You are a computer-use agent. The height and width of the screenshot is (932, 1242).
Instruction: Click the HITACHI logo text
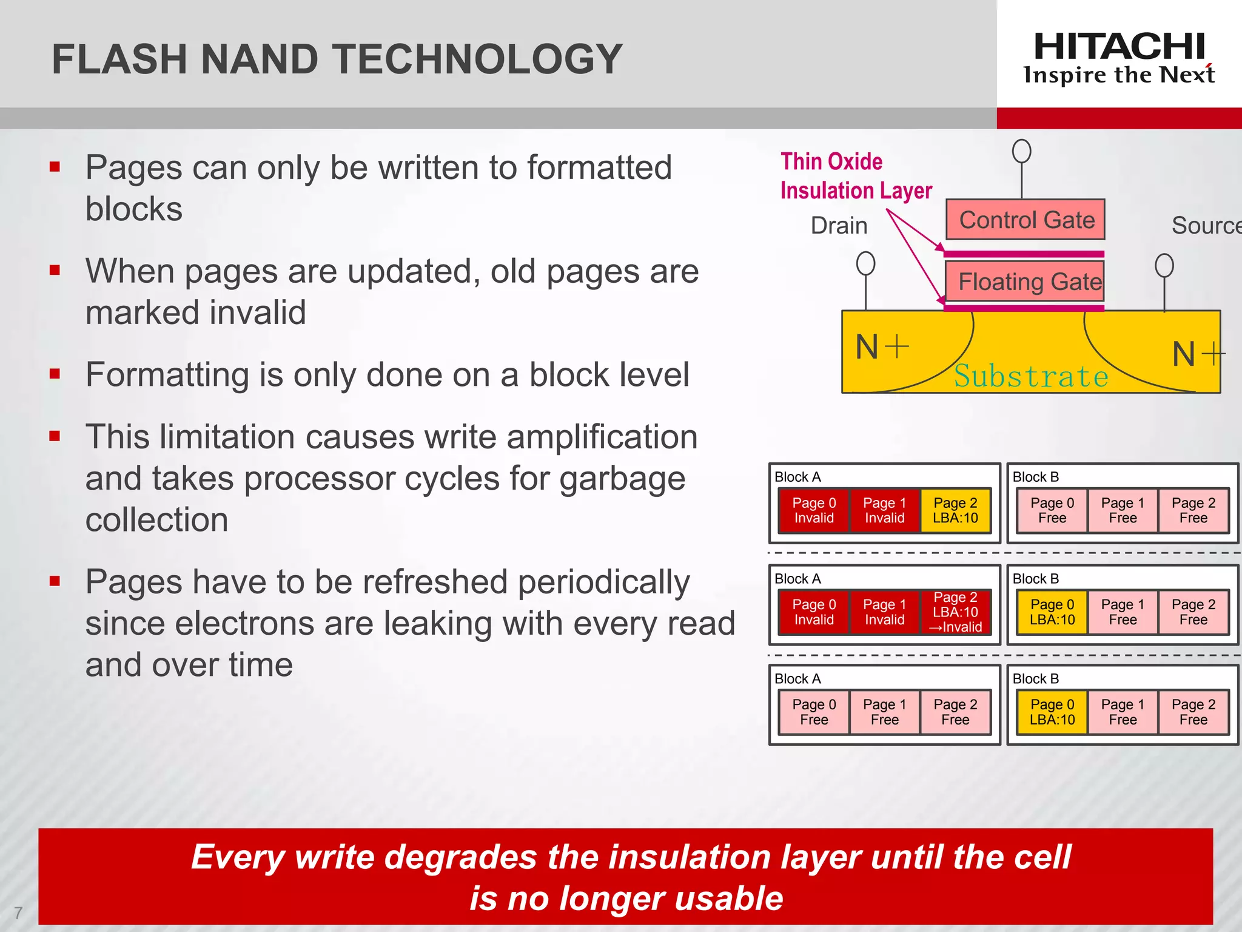coord(1119,46)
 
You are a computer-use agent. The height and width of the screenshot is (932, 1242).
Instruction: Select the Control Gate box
coord(1025,220)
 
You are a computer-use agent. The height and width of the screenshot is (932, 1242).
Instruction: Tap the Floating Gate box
coord(1025,282)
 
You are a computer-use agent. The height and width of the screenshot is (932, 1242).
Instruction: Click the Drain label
coord(839,226)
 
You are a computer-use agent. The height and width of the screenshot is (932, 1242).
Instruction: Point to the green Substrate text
coord(1031,376)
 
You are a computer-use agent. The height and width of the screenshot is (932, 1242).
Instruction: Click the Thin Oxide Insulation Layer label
coord(855,176)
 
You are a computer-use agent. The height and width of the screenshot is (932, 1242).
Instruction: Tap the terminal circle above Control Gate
coord(1021,151)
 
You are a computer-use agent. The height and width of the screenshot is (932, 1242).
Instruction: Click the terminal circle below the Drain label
coord(865,264)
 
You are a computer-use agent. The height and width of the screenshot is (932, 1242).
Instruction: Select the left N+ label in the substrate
coord(881,347)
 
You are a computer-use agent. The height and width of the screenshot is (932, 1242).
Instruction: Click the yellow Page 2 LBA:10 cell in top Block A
coord(955,510)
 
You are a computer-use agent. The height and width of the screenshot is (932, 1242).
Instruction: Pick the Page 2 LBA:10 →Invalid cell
coord(955,612)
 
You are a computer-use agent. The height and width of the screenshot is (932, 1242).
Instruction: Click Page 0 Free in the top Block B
coord(1052,510)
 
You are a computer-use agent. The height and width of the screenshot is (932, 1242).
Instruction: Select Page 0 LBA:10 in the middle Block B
coord(1052,612)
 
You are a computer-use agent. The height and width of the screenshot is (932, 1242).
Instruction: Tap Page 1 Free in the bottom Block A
coord(884,712)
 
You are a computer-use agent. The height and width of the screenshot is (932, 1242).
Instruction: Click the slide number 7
coord(18,913)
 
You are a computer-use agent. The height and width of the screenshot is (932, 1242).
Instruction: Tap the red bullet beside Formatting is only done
coord(55,374)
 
